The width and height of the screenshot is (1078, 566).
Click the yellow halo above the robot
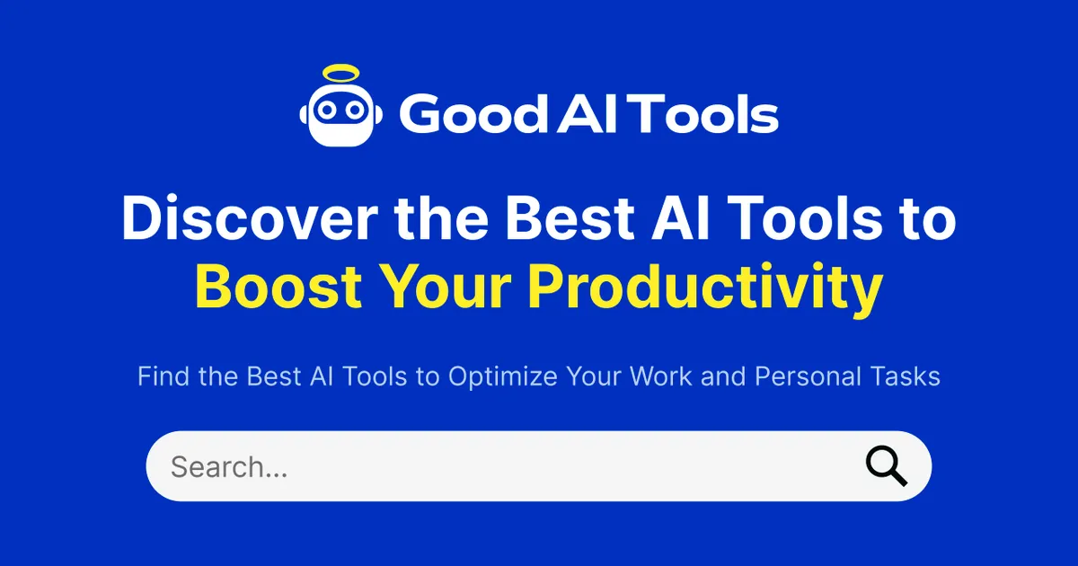click(x=341, y=73)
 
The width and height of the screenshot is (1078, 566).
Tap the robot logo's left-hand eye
click(x=328, y=110)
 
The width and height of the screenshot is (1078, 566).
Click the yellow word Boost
click(x=278, y=287)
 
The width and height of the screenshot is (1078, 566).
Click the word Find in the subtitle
click(x=164, y=376)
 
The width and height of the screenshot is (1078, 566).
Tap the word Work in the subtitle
click(x=663, y=376)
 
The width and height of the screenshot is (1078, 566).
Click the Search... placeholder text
click(x=229, y=467)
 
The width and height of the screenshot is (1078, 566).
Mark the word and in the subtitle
click(x=724, y=376)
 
